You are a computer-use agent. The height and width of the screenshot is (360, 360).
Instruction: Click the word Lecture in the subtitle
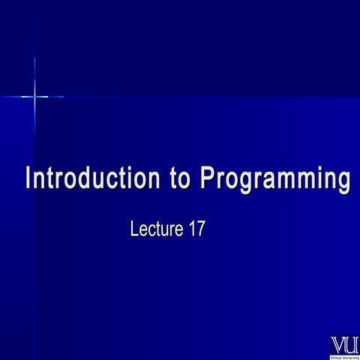pyautogui.click(x=157, y=229)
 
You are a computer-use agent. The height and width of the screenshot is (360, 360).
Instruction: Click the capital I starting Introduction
pyautogui.click(x=28, y=180)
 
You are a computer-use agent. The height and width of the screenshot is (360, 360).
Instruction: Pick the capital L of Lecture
pyautogui.click(x=135, y=229)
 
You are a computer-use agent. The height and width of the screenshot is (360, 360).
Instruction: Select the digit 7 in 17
pyautogui.click(x=201, y=229)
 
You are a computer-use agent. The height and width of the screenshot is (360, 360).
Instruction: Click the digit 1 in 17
pyautogui.click(x=193, y=229)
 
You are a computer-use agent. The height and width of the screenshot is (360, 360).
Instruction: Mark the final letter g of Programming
pyautogui.click(x=342, y=183)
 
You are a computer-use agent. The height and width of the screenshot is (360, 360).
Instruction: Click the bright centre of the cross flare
pyautogui.click(x=34, y=96)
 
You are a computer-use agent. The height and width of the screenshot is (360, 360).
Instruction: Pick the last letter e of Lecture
pyautogui.click(x=181, y=231)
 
